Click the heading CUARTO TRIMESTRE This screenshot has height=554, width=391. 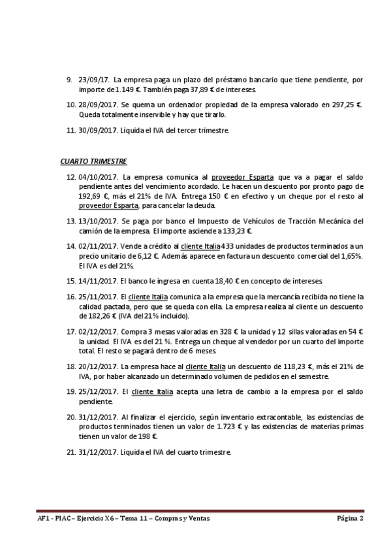point(93,161)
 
